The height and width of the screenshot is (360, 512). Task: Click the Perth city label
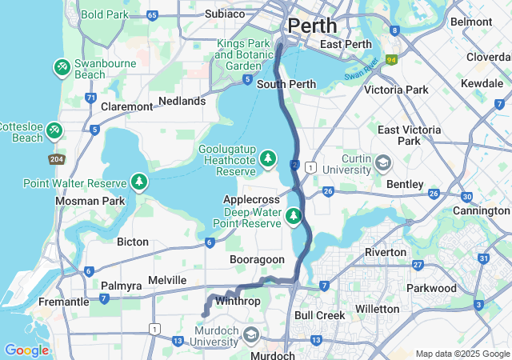pyautogui.click(x=313, y=26)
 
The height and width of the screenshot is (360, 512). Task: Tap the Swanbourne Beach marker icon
pyautogui.click(x=62, y=67)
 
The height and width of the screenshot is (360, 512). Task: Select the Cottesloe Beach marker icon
pyautogui.click(x=54, y=129)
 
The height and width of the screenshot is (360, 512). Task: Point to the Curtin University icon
pyautogui.click(x=383, y=163)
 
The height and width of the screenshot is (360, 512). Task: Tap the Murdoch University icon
pyautogui.click(x=251, y=334)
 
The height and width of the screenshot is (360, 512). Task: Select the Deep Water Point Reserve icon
pyautogui.click(x=294, y=215)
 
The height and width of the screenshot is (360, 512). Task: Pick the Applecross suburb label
pyautogui.click(x=251, y=199)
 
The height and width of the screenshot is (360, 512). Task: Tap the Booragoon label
pyautogui.click(x=257, y=260)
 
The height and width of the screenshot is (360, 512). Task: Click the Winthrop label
pyautogui.click(x=238, y=302)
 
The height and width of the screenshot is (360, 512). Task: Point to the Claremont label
pyautogui.click(x=126, y=106)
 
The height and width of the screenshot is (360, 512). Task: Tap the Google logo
pyautogui.click(x=26, y=350)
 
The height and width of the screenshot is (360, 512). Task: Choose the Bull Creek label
pyautogui.click(x=320, y=315)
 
